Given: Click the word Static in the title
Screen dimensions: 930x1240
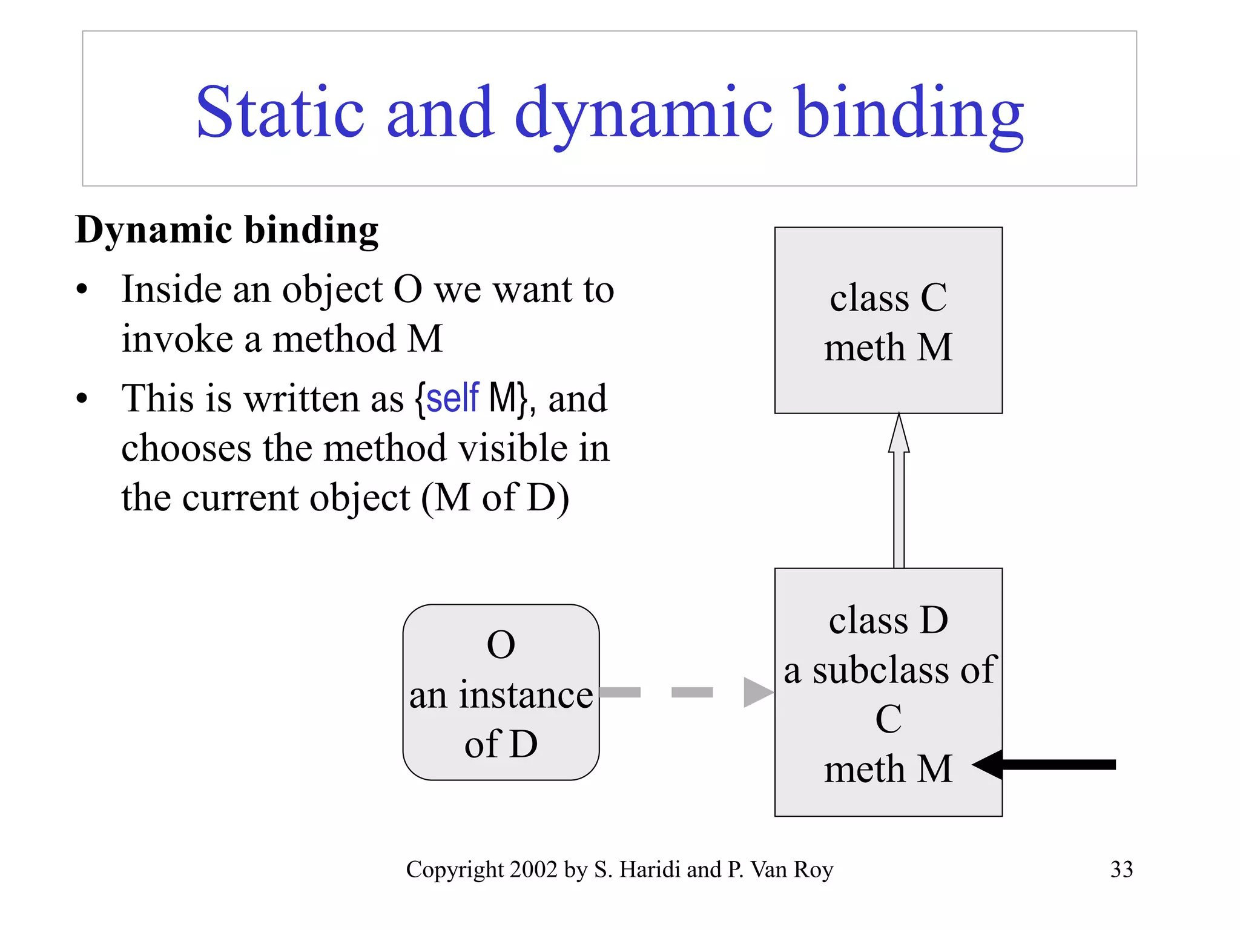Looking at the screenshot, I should pyautogui.click(x=280, y=113).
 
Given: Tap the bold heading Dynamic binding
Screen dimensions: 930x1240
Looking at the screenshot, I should pyautogui.click(x=227, y=231).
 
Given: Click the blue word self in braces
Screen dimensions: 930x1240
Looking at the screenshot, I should pyautogui.click(x=452, y=398).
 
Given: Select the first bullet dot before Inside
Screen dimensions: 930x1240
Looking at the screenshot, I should pyautogui.click(x=82, y=289).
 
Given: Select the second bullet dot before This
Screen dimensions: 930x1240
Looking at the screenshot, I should pyautogui.click(x=82, y=398).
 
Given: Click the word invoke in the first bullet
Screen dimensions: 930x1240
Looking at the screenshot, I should pyautogui.click(x=177, y=339).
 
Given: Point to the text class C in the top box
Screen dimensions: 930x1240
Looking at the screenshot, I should pyautogui.click(x=888, y=298).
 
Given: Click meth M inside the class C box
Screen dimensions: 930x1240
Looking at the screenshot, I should pyautogui.click(x=888, y=348).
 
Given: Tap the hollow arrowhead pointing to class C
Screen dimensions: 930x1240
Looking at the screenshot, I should pyautogui.click(x=899, y=434).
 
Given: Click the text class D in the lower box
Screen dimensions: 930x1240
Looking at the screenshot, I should pyautogui.click(x=888, y=621).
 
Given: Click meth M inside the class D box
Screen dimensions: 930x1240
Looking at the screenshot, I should pyautogui.click(x=888, y=770).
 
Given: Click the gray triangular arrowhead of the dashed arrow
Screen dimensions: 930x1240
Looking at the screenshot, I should pyautogui.click(x=757, y=692).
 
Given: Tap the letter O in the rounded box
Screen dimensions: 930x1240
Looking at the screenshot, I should pyautogui.click(x=501, y=645).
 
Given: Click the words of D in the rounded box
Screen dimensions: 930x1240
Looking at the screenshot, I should pyautogui.click(x=501, y=744).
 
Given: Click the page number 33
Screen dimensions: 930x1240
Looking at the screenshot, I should pyautogui.click(x=1121, y=869).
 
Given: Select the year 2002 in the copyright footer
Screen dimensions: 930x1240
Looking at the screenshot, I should pyautogui.click(x=533, y=869).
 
